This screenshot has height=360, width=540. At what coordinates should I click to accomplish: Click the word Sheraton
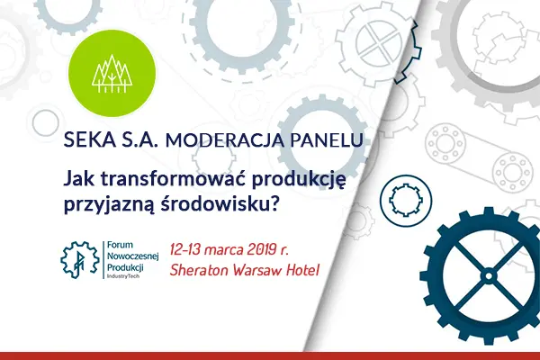click(x=207, y=269)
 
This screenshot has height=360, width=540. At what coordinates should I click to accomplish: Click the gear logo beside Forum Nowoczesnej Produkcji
click(x=78, y=258)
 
